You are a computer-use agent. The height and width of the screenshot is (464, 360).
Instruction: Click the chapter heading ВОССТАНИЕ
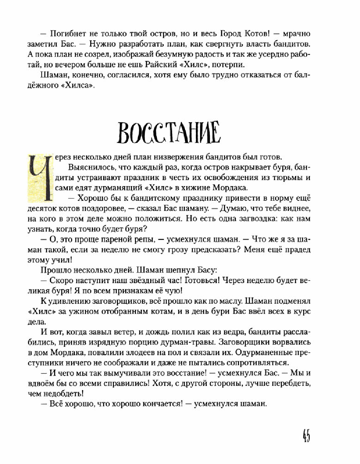pyautogui.click(x=169, y=133)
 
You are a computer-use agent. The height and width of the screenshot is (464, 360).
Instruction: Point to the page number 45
pyautogui.click(x=306, y=436)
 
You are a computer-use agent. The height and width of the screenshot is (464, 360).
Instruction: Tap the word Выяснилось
pyautogui.click(x=92, y=167)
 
